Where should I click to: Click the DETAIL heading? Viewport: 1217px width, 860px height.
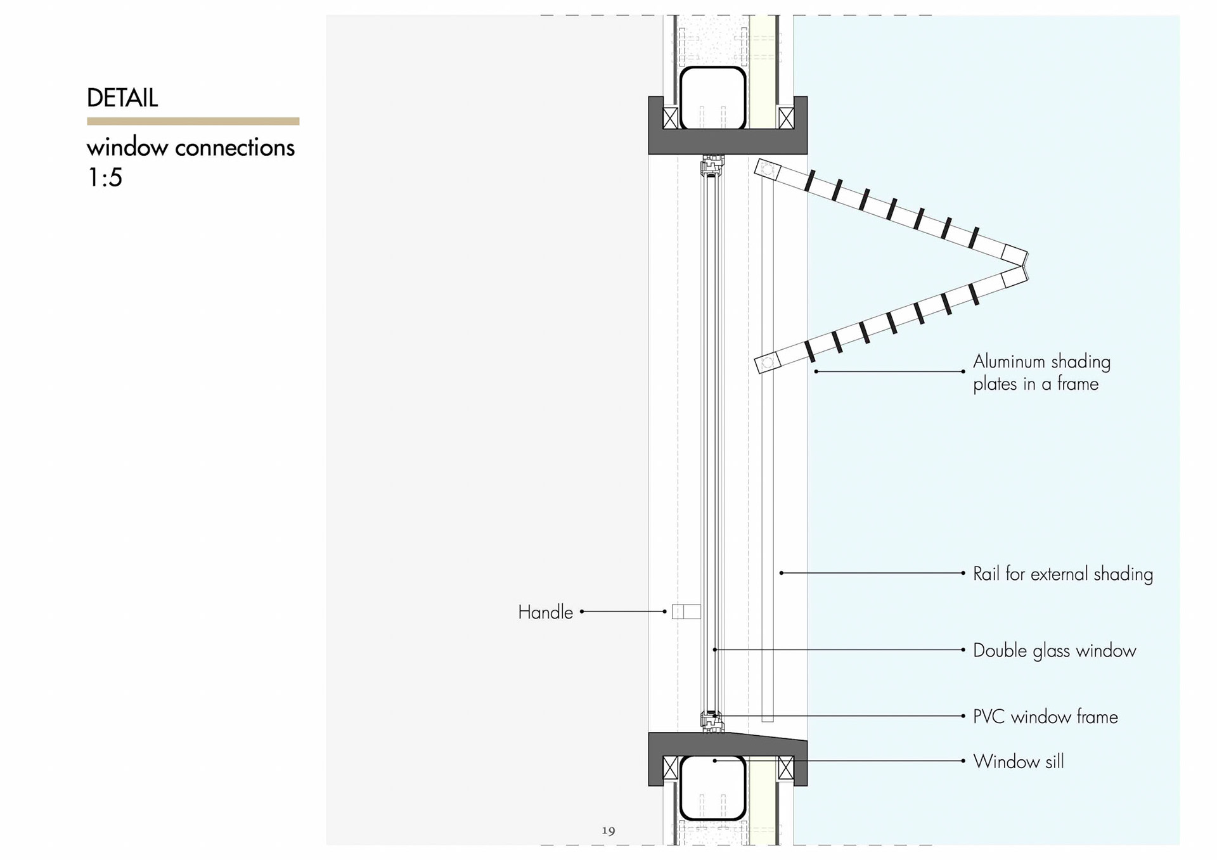pyautogui.click(x=122, y=98)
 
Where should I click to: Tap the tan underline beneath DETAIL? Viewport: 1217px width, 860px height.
pyautogui.click(x=193, y=121)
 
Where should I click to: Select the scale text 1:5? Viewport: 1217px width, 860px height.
pyautogui.click(x=105, y=177)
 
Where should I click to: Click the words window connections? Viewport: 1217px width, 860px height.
pyautogui.click(x=190, y=148)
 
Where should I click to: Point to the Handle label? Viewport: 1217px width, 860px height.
pyautogui.click(x=545, y=612)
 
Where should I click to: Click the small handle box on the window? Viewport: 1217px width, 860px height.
pyautogui.click(x=686, y=612)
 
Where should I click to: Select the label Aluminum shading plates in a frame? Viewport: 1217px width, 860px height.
pyautogui.click(x=1041, y=373)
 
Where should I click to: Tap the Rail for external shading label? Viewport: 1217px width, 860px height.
pyautogui.click(x=1062, y=574)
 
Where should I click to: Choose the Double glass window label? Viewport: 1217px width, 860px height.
pyautogui.click(x=1054, y=651)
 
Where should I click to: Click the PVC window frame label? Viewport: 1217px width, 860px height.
pyautogui.click(x=1045, y=717)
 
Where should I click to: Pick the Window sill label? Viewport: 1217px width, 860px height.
pyautogui.click(x=1018, y=761)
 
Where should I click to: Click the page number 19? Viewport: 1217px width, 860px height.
pyautogui.click(x=608, y=830)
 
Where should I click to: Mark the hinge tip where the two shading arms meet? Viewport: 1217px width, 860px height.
pyautogui.click(x=1025, y=266)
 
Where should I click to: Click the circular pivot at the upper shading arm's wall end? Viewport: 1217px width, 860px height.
pyautogui.click(x=768, y=169)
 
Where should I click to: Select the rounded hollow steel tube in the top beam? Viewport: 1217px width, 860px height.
pyautogui.click(x=712, y=96)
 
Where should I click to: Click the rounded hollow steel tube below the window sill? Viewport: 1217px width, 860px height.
pyautogui.click(x=712, y=787)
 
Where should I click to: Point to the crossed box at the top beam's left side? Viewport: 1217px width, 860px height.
pyautogui.click(x=670, y=118)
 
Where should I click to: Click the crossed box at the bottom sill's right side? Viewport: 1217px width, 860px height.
pyautogui.click(x=785, y=768)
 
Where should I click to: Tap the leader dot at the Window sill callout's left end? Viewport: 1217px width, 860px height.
pyautogui.click(x=715, y=761)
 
